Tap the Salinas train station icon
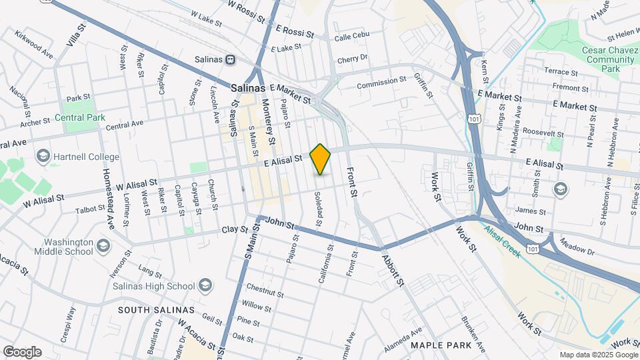pos(231,59)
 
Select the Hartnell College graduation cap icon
pos(43,157)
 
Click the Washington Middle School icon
pos(103,247)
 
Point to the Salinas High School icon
pos(205,286)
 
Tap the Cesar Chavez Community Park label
pos(591,59)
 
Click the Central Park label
pos(80,117)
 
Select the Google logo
pos(22,351)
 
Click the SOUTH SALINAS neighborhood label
pos(156,310)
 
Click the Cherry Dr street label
pos(353,59)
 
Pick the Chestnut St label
pos(264,290)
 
